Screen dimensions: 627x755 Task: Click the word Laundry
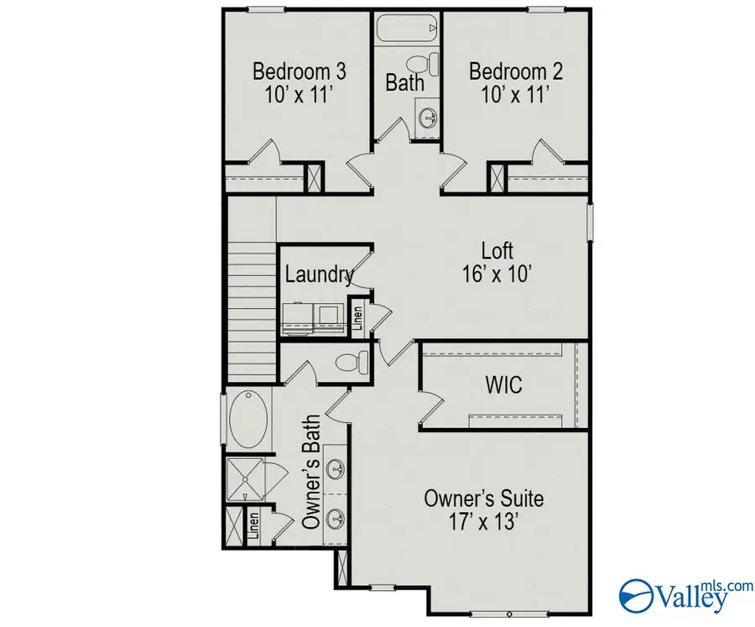(x=318, y=274)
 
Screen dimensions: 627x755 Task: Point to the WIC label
(x=503, y=385)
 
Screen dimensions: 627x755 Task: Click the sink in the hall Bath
(x=427, y=117)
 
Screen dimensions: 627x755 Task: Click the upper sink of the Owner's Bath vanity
(x=336, y=468)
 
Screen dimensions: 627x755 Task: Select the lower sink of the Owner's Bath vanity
(x=336, y=515)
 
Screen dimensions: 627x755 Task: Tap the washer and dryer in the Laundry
(x=311, y=312)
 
